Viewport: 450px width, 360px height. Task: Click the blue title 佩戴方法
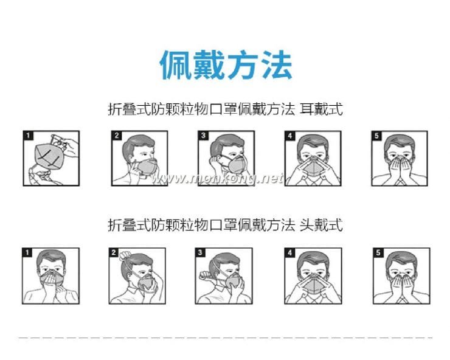[226, 64]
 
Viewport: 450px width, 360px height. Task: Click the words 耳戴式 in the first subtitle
[321, 109]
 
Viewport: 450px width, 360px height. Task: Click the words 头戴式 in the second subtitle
[321, 224]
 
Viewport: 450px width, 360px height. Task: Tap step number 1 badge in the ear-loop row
[29, 136]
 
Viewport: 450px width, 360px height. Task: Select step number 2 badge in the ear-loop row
[117, 136]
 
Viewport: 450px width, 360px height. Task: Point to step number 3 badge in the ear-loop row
[203, 136]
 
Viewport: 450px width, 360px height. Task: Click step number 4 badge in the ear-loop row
[290, 136]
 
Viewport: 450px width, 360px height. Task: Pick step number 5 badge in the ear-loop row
[377, 136]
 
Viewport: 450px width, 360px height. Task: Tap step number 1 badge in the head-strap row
[27, 252]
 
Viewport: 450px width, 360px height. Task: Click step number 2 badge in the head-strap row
[114, 252]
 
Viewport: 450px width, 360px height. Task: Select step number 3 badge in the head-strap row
[200, 252]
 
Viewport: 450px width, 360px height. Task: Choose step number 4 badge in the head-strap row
[290, 252]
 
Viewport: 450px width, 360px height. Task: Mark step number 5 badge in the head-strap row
[378, 252]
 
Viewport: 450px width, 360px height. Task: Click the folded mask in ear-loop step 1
[48, 156]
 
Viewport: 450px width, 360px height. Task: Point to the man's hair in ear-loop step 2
[137, 145]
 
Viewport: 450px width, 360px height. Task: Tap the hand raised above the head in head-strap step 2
[125, 255]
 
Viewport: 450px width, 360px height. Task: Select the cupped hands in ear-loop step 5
[400, 170]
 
